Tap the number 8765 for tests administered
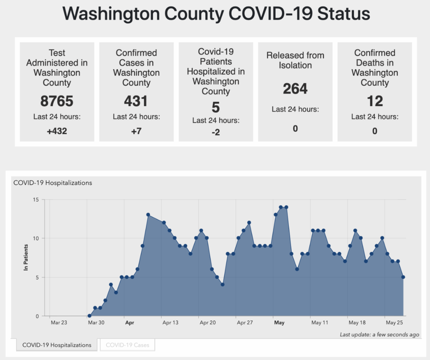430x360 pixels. coord(57,101)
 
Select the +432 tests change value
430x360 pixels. coord(57,131)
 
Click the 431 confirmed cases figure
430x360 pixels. coord(136,101)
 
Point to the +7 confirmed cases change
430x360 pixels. coord(136,131)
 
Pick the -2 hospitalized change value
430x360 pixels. coord(216,132)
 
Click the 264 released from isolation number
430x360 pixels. coord(295,89)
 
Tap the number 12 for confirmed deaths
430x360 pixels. coord(374,101)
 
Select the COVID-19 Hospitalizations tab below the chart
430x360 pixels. coord(57,345)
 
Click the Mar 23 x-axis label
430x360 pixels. coord(59,323)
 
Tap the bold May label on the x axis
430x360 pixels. coord(279,323)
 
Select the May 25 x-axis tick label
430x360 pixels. coord(395,323)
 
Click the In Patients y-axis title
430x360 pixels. coord(26,257)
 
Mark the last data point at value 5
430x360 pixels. coord(403,277)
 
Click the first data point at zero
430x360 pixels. coord(89,316)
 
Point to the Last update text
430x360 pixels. coord(379,335)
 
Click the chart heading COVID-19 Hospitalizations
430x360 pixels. coord(53,183)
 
